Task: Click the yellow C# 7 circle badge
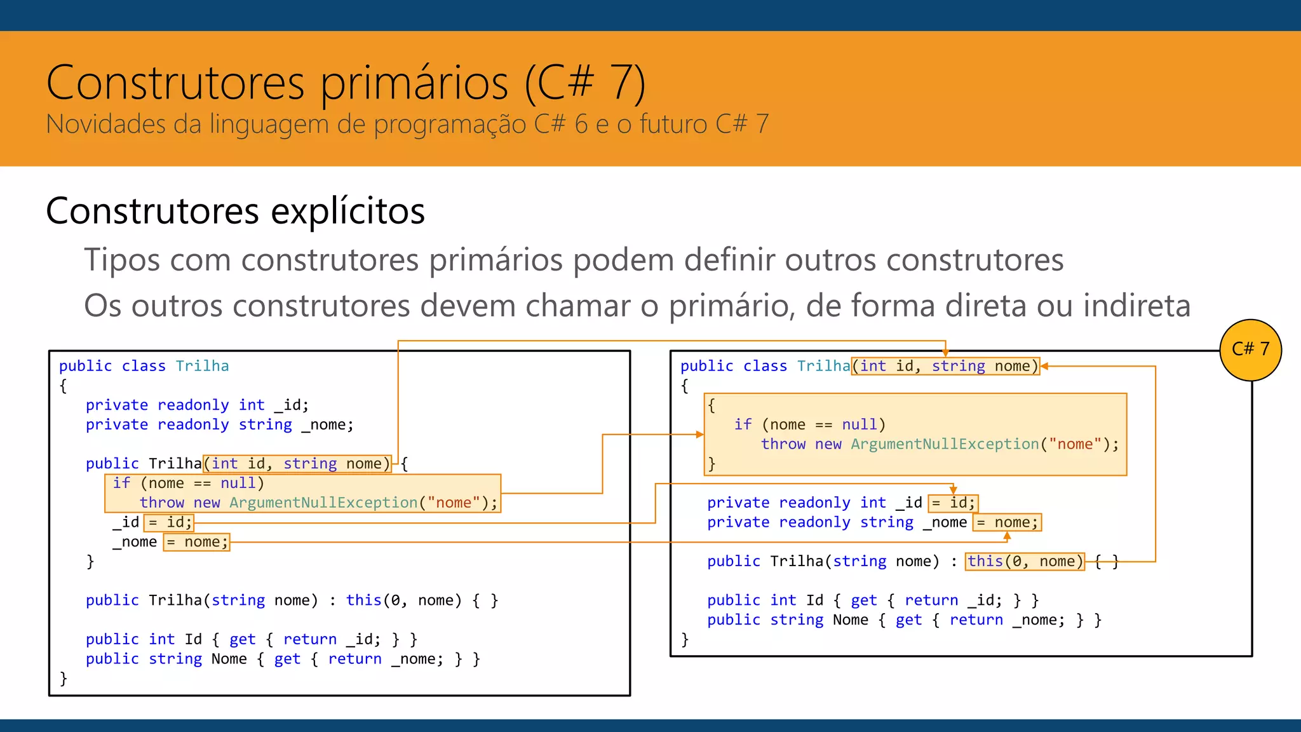click(1250, 349)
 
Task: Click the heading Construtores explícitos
click(235, 211)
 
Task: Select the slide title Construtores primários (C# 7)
click(346, 83)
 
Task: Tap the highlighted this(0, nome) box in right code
click(1025, 561)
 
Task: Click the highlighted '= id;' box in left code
click(169, 522)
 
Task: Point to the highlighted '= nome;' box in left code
click(196, 542)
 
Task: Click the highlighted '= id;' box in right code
click(953, 503)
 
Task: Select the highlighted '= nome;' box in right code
click(1007, 522)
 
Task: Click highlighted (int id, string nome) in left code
click(297, 464)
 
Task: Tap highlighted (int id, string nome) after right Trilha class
click(945, 366)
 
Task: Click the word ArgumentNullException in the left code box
click(323, 503)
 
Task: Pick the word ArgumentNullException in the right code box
click(944, 444)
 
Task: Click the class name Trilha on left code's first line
click(202, 366)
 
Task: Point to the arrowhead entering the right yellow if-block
click(700, 435)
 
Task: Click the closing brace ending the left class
click(63, 679)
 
